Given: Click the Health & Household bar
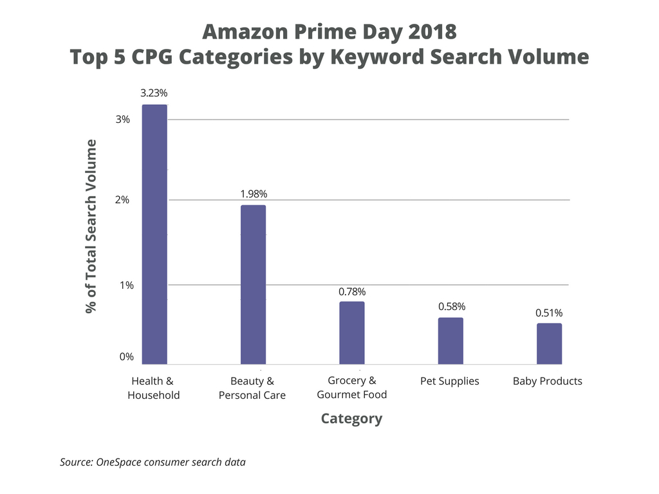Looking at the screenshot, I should click(154, 235).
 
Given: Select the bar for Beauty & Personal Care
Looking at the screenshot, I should click(253, 285).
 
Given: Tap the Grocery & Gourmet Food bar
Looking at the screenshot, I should click(351, 333).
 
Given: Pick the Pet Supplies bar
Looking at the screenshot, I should click(450, 341).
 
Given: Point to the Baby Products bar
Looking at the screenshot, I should click(549, 344).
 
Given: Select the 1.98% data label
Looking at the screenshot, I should click(253, 194).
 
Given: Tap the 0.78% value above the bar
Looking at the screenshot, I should click(352, 291).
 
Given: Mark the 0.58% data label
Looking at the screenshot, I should click(451, 306).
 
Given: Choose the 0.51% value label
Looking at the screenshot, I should click(549, 313).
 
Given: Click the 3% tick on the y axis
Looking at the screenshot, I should click(124, 120).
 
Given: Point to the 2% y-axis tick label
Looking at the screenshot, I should click(124, 200).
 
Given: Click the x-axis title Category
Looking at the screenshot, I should click(351, 419).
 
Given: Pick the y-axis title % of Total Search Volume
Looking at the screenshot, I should click(91, 226).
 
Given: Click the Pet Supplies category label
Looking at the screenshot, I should click(450, 381).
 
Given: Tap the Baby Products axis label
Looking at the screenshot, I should click(548, 381).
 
